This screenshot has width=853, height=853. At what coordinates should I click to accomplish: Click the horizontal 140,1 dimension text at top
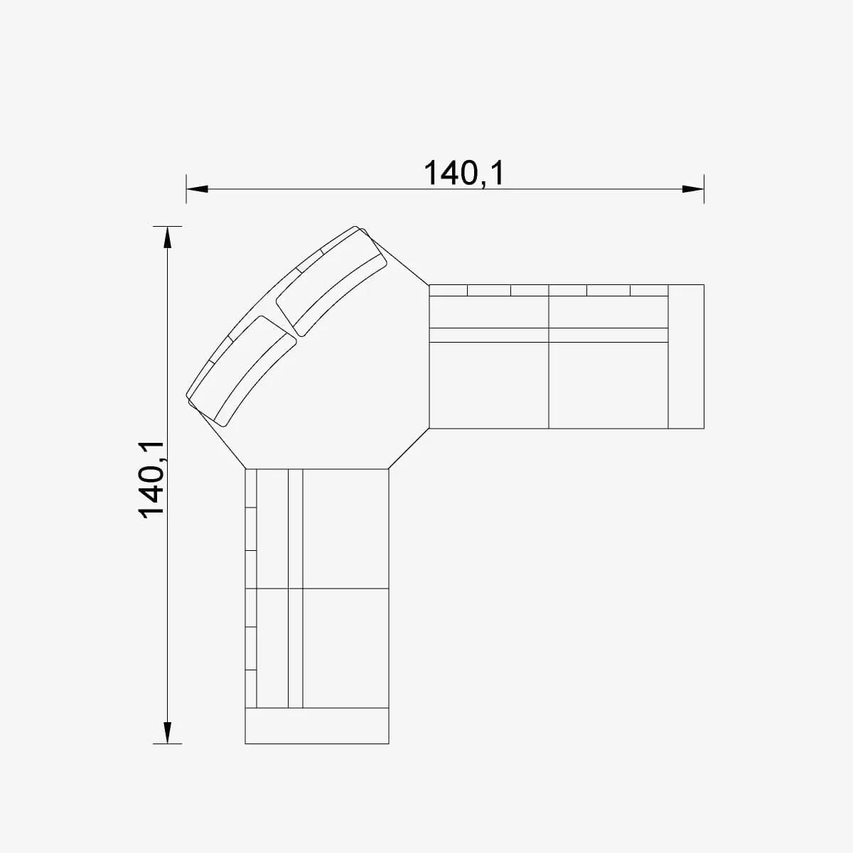(x=463, y=173)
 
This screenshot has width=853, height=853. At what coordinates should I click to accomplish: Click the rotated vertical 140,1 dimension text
(x=151, y=480)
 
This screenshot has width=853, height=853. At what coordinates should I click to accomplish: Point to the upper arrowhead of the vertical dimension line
(x=168, y=237)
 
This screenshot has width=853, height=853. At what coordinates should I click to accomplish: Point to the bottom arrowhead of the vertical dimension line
(x=168, y=732)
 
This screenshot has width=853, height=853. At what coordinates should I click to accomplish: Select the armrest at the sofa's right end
(x=686, y=356)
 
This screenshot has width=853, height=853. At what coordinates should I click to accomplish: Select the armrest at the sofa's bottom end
(x=317, y=726)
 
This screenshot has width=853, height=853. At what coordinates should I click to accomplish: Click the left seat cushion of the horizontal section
(x=489, y=385)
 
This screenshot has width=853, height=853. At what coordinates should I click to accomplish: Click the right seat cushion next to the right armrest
(x=608, y=385)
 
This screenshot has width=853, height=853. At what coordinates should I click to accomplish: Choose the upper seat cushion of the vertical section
(x=345, y=528)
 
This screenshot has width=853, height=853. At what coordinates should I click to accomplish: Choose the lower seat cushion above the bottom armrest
(x=345, y=648)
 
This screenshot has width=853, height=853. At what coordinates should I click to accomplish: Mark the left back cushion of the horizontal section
(x=489, y=312)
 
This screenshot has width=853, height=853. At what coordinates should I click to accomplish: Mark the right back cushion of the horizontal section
(x=608, y=312)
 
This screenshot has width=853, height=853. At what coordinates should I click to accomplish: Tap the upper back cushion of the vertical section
(x=272, y=528)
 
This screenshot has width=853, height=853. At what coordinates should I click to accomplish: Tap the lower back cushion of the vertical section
(x=272, y=648)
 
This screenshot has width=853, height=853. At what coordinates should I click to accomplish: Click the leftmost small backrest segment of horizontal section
(x=448, y=290)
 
